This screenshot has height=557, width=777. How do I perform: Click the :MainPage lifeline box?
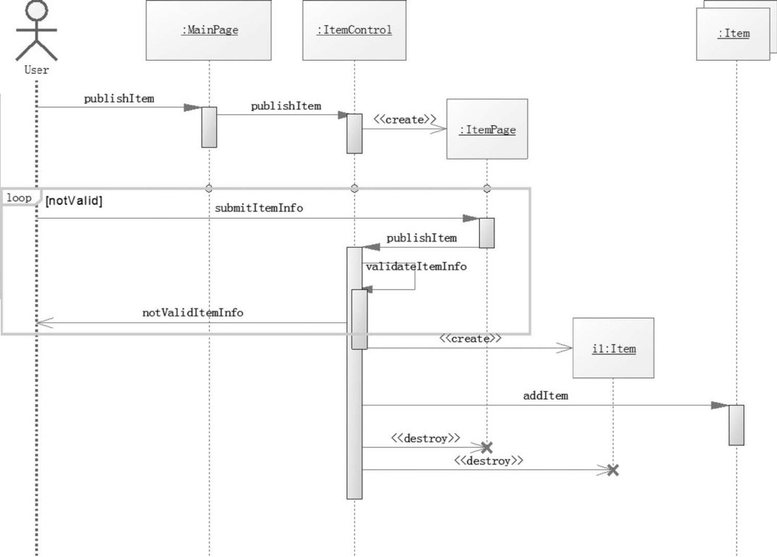[x=209, y=30]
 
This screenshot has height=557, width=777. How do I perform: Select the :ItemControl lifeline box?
[x=354, y=30]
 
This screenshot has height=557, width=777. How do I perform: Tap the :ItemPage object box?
[x=487, y=130]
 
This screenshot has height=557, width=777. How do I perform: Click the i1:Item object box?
[x=613, y=348]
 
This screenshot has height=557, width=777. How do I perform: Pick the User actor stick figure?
[x=36, y=33]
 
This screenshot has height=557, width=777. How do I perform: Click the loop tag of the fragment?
[x=19, y=198]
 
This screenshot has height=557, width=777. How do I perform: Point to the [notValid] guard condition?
[x=74, y=201]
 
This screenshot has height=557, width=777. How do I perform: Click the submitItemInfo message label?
[x=259, y=208]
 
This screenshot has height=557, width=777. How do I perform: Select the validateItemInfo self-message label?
[x=416, y=267]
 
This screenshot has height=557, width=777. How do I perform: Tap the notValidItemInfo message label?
[x=193, y=313]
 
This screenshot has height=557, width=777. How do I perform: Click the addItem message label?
[x=546, y=395]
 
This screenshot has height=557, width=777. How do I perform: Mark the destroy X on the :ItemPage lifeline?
[x=487, y=448]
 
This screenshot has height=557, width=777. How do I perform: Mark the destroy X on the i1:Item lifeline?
[x=613, y=470]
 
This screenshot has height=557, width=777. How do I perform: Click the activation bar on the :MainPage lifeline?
[x=209, y=127]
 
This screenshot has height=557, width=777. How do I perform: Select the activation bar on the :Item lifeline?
[x=736, y=425]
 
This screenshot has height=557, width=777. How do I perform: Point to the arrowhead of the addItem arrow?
[x=720, y=406]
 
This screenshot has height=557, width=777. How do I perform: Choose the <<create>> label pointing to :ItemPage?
[x=405, y=120]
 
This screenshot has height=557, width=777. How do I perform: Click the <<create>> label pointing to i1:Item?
[x=470, y=338]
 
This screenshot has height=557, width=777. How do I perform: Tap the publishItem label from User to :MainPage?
[x=119, y=99]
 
